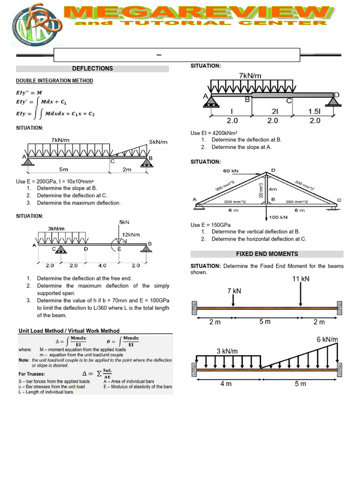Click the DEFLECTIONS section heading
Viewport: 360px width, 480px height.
point(92,68)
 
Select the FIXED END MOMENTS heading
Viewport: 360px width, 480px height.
point(267,254)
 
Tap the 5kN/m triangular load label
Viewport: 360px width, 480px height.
point(158,142)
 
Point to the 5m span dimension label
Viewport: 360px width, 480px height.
point(64,169)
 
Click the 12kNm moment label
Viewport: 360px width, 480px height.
point(131,234)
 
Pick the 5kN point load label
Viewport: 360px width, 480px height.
point(124,222)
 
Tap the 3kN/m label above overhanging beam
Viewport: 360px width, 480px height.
point(56,229)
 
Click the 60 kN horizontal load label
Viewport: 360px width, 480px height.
point(231,171)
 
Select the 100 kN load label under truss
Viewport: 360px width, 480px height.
point(278,217)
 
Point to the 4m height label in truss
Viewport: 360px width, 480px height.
point(273,189)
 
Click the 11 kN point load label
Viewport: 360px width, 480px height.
point(300,279)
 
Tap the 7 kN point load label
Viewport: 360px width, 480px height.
point(234,291)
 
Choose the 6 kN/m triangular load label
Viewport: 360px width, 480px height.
point(327,339)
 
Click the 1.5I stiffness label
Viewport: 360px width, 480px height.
point(315,112)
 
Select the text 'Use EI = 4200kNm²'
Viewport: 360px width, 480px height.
point(214,133)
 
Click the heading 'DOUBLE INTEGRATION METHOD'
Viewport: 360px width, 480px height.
point(54,81)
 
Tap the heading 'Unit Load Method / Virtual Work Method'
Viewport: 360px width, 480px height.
point(69,330)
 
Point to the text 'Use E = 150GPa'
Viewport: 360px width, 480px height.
point(210,225)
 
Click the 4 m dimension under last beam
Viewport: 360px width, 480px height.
point(226,383)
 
